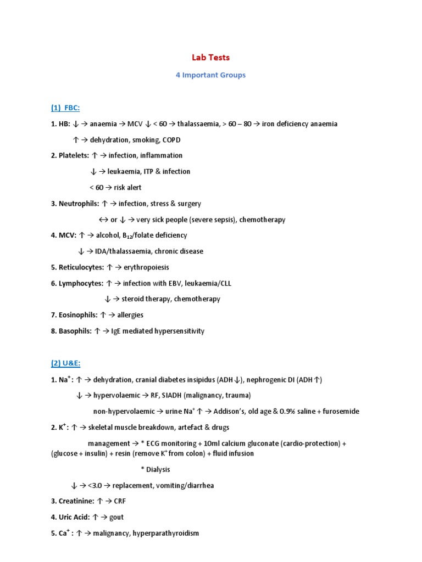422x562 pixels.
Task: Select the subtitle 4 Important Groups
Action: (210, 75)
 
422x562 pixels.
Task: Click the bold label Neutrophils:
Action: (79, 204)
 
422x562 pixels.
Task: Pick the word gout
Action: (116, 517)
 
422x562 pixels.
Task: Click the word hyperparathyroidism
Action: (165, 533)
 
